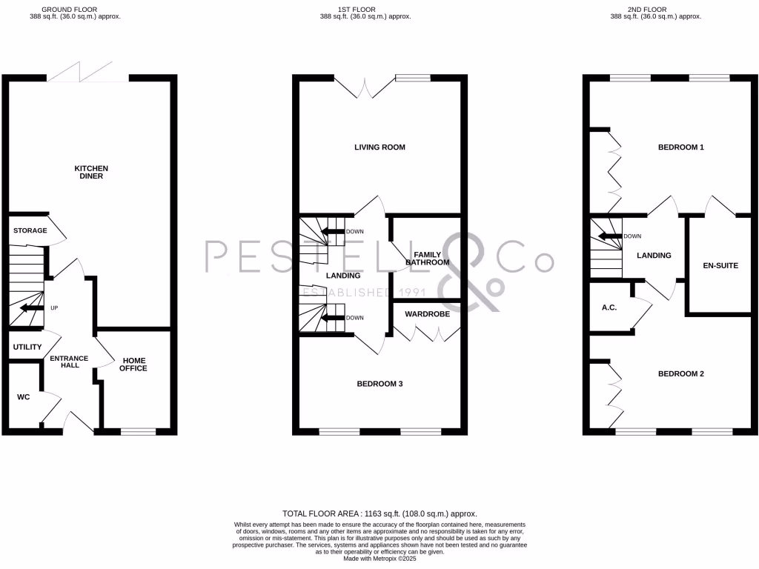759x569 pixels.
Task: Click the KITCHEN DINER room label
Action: tap(91, 172)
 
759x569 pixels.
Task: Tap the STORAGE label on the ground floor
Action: tap(30, 230)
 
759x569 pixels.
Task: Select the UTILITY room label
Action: tap(27, 347)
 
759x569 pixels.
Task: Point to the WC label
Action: tap(23, 397)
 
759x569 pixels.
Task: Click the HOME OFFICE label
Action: tap(133, 364)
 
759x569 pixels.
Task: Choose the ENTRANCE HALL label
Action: tap(69, 362)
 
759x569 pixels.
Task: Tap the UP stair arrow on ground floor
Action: tap(32, 307)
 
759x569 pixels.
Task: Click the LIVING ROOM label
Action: tap(379, 147)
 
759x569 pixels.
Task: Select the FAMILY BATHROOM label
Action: tap(427, 259)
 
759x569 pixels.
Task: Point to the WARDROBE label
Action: tap(427, 314)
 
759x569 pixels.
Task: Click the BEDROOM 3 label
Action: tap(379, 384)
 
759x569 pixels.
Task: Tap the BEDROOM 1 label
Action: tap(680, 147)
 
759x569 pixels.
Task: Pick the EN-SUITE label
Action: tap(720, 265)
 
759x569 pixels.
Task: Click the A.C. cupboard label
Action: tap(609, 307)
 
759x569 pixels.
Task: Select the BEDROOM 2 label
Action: tap(680, 374)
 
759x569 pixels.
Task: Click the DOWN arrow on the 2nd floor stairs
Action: tap(610, 236)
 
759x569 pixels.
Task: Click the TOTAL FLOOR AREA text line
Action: tap(379, 513)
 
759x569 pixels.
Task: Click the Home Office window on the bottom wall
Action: tap(138, 431)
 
